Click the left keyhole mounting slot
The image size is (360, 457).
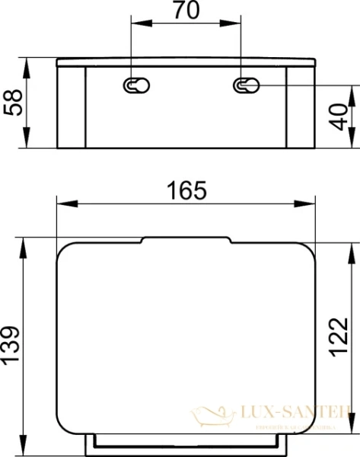pos(133,86)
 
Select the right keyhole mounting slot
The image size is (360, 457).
pos(243,86)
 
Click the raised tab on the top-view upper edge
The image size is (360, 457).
pos(186,240)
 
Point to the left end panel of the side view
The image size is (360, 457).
pos(72,106)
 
